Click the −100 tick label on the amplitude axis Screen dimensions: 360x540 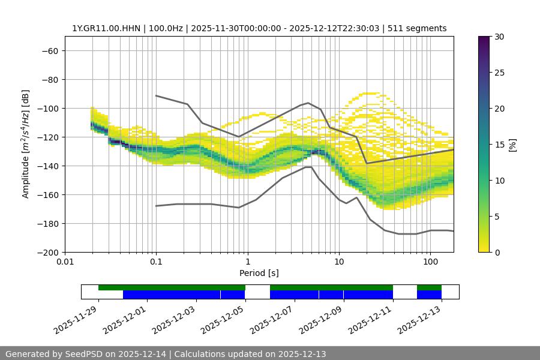[x=49, y=109]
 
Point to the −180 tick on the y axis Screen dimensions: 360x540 [x=49, y=224]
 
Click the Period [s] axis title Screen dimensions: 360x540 [x=259, y=274]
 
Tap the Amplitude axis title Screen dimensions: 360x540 [x=26, y=144]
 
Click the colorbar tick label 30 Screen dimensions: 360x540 [x=499, y=37]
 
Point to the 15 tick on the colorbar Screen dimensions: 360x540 [x=499, y=145]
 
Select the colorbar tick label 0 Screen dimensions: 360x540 [x=496, y=253]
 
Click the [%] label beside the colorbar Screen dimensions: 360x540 [x=513, y=145]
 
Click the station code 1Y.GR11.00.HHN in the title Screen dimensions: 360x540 [x=105, y=28]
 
